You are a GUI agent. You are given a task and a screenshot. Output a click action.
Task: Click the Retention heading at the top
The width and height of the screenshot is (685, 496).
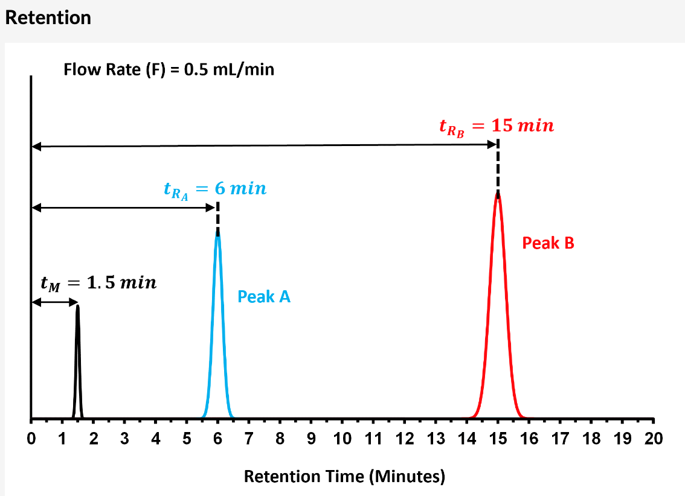coord(48,17)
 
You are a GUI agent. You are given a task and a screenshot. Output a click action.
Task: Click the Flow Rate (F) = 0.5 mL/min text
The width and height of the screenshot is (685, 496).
coord(169,69)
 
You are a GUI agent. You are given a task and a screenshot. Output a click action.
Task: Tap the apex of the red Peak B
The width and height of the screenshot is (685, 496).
coord(498,196)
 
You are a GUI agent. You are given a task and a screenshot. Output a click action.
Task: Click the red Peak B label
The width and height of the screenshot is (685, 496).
coord(548,243)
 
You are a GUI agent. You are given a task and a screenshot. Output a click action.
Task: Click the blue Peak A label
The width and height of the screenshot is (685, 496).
coord(264,296)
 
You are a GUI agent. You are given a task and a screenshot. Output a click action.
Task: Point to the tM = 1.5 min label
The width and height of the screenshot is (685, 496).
coord(98,283)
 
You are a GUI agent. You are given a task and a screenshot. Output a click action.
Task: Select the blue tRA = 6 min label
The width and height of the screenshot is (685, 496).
coord(214,189)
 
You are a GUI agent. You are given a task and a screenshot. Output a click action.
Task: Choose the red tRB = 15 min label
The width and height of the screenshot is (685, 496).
coord(496,127)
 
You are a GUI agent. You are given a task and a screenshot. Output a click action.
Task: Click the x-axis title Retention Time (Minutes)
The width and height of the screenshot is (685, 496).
coord(344,477)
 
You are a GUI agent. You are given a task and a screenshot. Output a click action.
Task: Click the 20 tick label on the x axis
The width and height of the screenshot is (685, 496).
coord(654,439)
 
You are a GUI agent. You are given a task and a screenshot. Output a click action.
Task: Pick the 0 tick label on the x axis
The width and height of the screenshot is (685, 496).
coord(31,439)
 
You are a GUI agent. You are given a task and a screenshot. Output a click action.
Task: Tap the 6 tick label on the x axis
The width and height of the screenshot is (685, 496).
coord(217,439)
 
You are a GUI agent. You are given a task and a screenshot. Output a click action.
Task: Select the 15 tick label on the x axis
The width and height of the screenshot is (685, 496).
coord(498,439)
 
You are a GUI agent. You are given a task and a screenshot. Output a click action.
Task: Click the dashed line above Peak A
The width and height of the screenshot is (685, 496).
coord(217,214)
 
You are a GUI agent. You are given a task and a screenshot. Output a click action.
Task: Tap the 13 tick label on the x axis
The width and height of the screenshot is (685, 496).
coord(436,439)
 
